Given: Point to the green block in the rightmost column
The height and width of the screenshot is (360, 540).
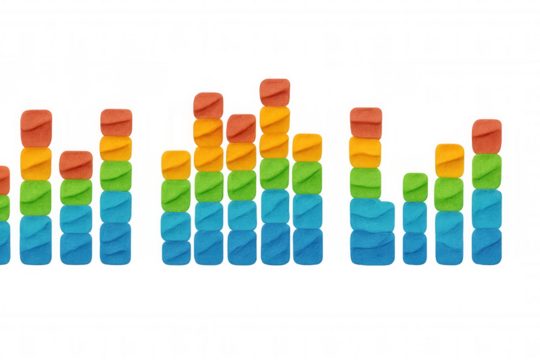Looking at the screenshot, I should click(x=486, y=171).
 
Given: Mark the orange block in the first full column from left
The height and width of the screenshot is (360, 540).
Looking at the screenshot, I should click(x=36, y=160).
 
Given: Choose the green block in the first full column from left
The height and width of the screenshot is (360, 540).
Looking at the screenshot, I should click(x=36, y=194).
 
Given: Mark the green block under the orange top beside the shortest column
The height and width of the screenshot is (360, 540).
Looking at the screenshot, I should click(x=449, y=190).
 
